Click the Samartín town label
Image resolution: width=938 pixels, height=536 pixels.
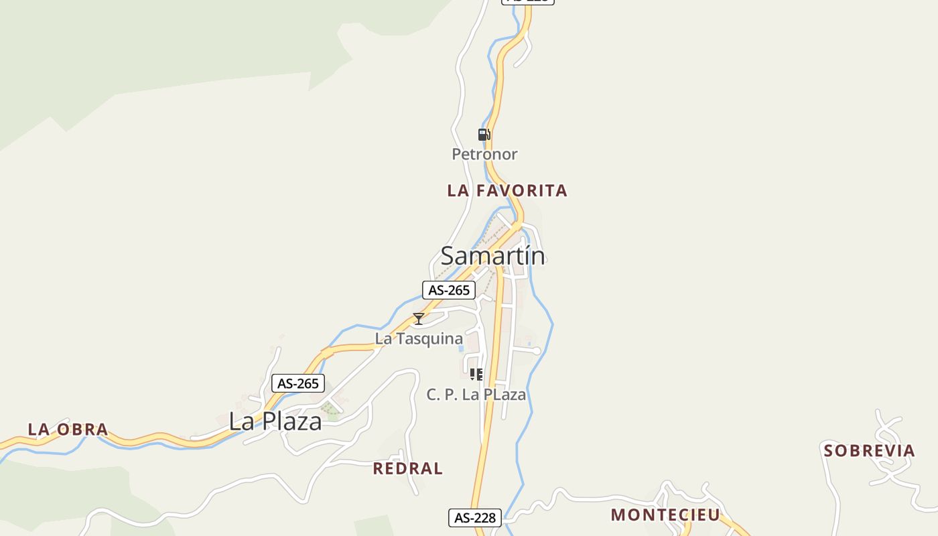click(492, 255)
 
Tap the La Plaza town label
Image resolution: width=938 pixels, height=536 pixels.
click(275, 421)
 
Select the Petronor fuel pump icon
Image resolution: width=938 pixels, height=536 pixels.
click(484, 135)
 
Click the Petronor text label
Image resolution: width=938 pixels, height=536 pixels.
click(484, 154)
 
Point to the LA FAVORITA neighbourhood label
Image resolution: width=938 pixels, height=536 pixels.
click(507, 191)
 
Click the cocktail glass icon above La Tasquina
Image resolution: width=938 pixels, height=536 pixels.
click(419, 319)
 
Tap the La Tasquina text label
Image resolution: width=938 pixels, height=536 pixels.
click(419, 338)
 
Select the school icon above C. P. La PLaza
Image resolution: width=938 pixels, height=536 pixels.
click(476, 375)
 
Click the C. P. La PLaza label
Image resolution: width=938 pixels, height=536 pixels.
click(476, 395)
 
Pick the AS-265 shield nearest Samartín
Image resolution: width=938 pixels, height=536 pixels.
click(449, 290)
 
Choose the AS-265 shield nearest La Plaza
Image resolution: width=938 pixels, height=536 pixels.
click(298, 383)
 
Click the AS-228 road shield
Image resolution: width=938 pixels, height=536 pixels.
click(474, 517)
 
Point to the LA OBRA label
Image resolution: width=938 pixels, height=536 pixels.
click(68, 429)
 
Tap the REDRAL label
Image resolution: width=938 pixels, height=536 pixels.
click(407, 468)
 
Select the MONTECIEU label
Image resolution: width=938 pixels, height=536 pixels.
click(665, 515)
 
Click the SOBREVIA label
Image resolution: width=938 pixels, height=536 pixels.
click(869, 450)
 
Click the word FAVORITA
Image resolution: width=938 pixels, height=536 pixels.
click(522, 191)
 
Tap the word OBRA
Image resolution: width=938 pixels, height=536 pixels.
click(82, 429)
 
